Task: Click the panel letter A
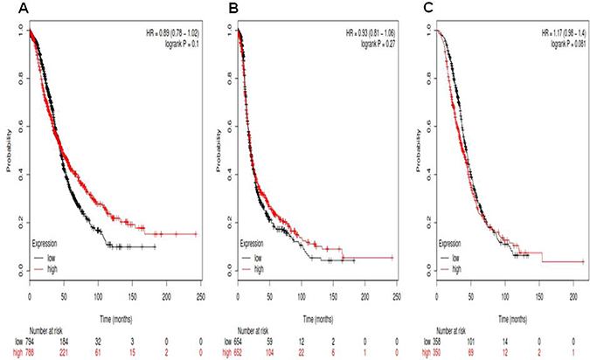tap(7, 9)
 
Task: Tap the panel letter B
tap(207, 9)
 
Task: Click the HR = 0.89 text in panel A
tap(172, 33)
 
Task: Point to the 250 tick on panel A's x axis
tap(200, 294)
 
